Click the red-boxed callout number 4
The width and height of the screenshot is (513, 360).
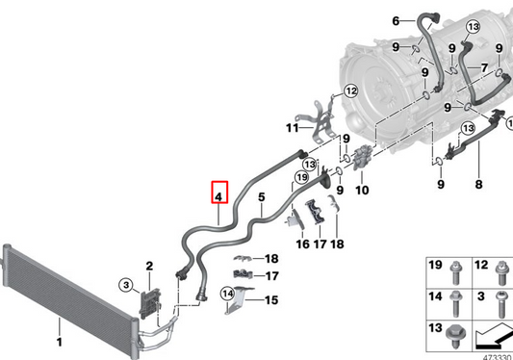pyautogui.click(x=219, y=196)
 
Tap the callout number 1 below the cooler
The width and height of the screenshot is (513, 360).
pyautogui.click(x=58, y=342)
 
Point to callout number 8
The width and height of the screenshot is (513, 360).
pyautogui.click(x=478, y=183)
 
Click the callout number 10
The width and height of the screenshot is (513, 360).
pyautogui.click(x=362, y=191)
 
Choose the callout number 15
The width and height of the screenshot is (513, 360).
pyautogui.click(x=270, y=300)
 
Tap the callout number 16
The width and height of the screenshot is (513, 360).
pyautogui.click(x=303, y=244)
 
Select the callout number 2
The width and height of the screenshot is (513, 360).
pyautogui.click(x=149, y=266)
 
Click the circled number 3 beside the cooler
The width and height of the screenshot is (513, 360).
pyautogui.click(x=125, y=284)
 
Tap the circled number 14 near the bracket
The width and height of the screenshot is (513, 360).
pyautogui.click(x=228, y=293)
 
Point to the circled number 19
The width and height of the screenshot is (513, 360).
pyautogui.click(x=300, y=177)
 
